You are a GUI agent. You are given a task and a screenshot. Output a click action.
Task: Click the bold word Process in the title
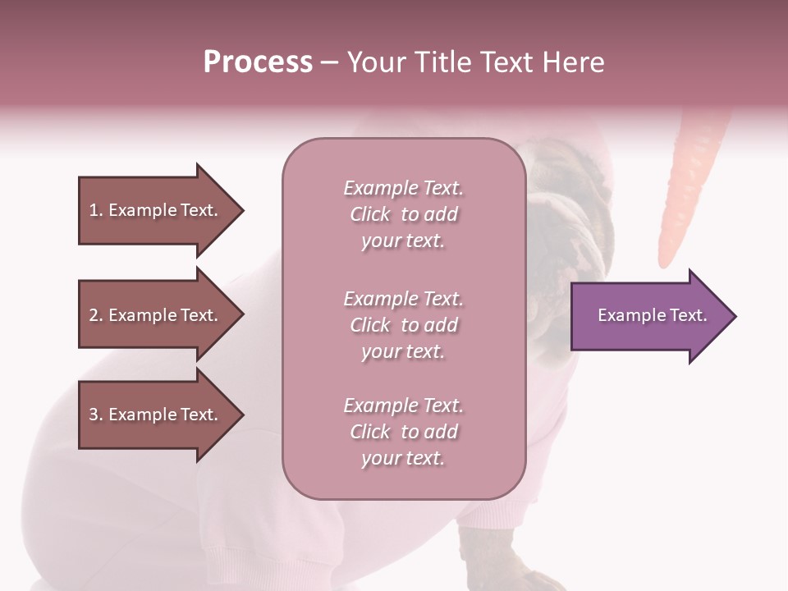[258, 62]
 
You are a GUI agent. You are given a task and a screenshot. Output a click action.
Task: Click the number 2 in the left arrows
[95, 315]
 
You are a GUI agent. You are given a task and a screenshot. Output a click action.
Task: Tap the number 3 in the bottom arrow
[95, 415]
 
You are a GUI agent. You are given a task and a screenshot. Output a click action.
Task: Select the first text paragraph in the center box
[403, 214]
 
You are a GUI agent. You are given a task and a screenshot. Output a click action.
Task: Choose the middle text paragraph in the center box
[403, 325]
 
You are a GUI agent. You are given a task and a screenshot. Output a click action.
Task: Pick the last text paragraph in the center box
[403, 432]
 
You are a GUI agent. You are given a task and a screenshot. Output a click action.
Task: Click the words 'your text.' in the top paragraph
[403, 241]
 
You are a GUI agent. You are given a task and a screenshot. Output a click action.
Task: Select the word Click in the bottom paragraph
[370, 432]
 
